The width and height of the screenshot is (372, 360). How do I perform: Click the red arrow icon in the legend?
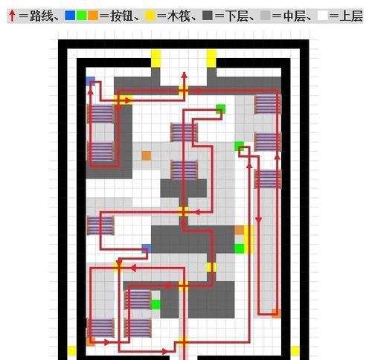point(12,16)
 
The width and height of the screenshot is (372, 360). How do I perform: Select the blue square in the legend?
point(70,16)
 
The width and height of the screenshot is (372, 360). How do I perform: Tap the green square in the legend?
point(81,16)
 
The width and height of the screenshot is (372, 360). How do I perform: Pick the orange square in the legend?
point(93,16)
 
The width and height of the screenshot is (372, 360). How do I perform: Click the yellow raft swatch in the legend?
point(150,16)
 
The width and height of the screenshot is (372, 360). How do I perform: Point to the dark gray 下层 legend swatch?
point(208,16)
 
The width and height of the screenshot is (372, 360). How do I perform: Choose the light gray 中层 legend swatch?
point(265,16)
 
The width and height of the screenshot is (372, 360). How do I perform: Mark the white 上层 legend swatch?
point(322,16)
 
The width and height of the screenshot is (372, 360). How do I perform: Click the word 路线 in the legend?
point(41,16)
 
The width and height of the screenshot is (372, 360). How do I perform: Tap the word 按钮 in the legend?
point(121,16)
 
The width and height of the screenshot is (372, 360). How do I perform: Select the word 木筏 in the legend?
point(179,16)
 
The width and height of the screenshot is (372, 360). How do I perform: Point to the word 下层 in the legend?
point(236,16)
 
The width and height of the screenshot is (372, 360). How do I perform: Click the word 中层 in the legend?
point(294,16)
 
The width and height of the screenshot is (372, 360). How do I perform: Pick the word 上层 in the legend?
point(351,16)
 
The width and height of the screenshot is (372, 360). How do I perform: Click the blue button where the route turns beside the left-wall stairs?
point(91,81)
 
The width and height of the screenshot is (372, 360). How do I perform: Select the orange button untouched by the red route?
point(147,155)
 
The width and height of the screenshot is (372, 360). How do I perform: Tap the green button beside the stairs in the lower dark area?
point(155,304)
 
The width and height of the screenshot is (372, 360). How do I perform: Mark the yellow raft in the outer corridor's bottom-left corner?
point(72,351)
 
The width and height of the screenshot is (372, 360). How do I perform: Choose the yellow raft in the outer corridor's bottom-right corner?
point(295,351)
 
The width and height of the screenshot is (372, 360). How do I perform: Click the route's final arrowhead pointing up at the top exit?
point(184,75)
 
